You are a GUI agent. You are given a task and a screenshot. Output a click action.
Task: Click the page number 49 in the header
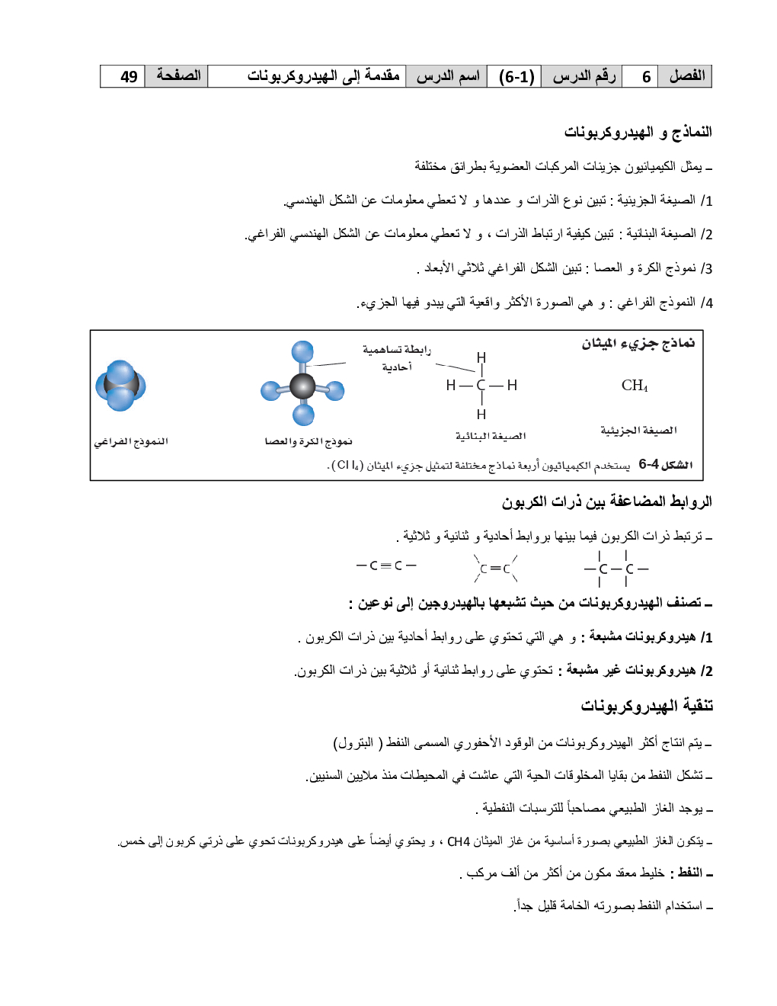pos(129,77)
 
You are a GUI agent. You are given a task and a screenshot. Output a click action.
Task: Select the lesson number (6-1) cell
pos(516,77)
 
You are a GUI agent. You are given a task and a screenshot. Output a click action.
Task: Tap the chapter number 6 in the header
pos(646,77)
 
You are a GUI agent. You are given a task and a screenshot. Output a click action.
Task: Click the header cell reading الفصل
pos(686,76)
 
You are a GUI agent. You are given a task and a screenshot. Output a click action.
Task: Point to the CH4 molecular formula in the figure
pos(635,386)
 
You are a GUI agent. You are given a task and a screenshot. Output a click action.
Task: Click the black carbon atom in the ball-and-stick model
pos(302,386)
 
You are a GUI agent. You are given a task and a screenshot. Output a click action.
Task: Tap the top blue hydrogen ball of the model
pos(302,352)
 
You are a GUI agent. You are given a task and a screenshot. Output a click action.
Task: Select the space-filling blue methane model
pos(120,386)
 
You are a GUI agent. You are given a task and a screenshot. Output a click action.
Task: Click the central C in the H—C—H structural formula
pos(481,386)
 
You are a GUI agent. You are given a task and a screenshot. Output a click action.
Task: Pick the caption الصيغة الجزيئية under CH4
pos(638,431)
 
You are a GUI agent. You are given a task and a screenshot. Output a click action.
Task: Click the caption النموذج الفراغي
pos(131,441)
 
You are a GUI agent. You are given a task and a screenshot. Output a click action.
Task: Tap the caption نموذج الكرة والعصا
pos(308,441)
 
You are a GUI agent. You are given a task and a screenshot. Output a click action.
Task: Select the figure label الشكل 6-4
pos(665,465)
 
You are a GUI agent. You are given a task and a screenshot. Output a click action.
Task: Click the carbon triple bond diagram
pos(386,565)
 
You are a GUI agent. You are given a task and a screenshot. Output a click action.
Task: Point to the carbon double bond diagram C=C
pos(495,568)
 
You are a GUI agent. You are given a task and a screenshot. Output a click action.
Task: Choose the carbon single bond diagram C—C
pos(616,569)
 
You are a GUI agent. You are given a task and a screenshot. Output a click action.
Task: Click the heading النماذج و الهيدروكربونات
pos(638,132)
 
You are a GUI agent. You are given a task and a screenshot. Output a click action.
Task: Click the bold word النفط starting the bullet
pos(689,873)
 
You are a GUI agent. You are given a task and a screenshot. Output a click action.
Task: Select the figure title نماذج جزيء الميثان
pos(638,344)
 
